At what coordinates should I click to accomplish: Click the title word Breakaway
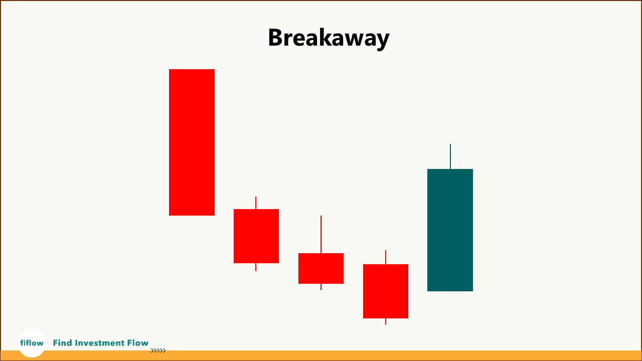coord(329,38)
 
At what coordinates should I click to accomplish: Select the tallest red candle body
coord(192,142)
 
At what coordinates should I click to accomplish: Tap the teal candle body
coord(450,230)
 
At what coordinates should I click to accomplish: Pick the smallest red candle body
coord(321,268)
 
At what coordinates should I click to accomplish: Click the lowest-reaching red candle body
coord(386,291)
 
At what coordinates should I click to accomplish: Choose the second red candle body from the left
coord(256,236)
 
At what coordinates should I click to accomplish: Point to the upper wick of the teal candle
coord(450,156)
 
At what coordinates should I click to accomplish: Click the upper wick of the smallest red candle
coord(321,234)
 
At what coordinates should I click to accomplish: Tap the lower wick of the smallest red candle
coord(321,287)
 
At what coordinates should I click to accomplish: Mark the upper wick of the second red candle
coord(256,203)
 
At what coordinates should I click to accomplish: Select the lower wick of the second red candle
coord(256,267)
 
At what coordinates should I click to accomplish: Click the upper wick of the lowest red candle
coord(386,257)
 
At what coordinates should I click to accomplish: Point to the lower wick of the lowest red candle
coord(386,321)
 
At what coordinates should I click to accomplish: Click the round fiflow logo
coord(32,343)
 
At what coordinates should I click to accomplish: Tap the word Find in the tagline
coord(63,343)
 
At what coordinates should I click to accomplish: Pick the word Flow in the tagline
coord(138,343)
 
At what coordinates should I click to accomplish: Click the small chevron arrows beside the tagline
coord(158,351)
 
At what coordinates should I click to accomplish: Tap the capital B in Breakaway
coord(276,38)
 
